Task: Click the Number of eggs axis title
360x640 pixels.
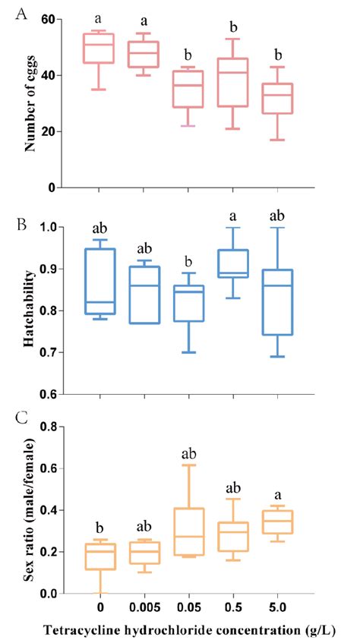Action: click(x=30, y=103)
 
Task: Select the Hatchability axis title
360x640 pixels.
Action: click(x=30, y=311)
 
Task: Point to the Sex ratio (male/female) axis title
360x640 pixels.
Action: click(x=30, y=510)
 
